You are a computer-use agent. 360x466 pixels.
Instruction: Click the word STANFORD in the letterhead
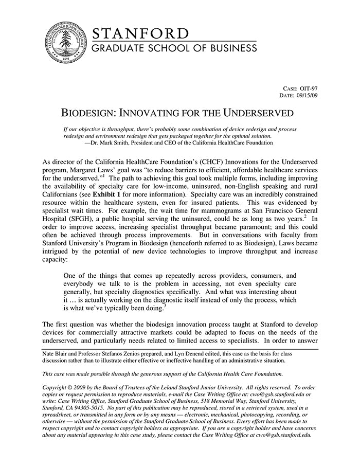pyautogui.click(x=140, y=34)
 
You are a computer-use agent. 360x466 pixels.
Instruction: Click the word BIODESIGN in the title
pyautogui.click(x=88, y=113)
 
